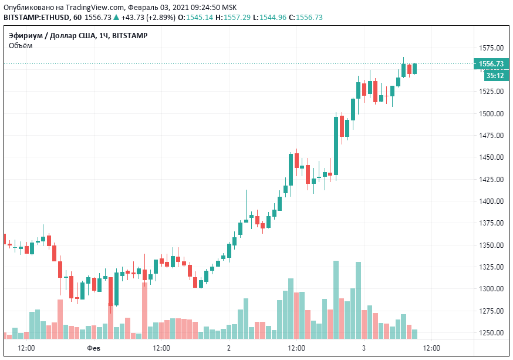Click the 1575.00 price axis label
pyautogui.click(x=491, y=48)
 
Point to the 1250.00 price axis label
pyautogui.click(x=491, y=333)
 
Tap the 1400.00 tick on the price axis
pyautogui.click(x=491, y=201)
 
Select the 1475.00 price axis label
pyautogui.click(x=491, y=136)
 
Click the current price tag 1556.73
pyautogui.click(x=491, y=64)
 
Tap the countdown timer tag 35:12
pyautogui.click(x=494, y=76)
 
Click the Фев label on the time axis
pyautogui.click(x=93, y=348)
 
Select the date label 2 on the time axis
pyautogui.click(x=229, y=348)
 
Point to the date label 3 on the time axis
pyautogui.click(x=364, y=348)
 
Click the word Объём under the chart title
pyautogui.click(x=21, y=46)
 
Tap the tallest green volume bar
pyautogui.click(x=336, y=300)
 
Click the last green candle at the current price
pyautogui.click(x=415, y=69)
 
